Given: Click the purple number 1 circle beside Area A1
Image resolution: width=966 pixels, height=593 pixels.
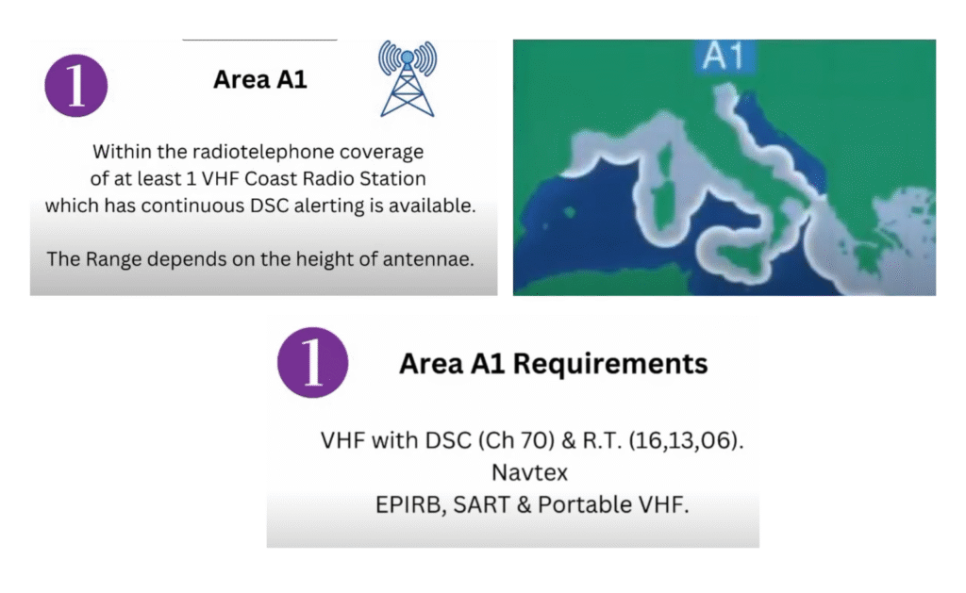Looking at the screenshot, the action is pyautogui.click(x=76, y=86).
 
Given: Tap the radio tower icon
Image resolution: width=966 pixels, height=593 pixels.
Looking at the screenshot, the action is pyautogui.click(x=408, y=79).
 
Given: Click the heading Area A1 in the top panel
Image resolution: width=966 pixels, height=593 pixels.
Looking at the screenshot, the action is pyautogui.click(x=260, y=79).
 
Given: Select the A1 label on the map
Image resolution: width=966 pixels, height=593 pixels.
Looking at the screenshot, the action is pyautogui.click(x=724, y=56).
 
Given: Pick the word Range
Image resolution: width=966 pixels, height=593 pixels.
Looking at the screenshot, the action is pyautogui.click(x=111, y=260).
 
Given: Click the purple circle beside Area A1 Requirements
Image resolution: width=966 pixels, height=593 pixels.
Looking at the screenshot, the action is pyautogui.click(x=312, y=362).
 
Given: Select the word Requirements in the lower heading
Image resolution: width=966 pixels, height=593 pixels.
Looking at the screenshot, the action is pyautogui.click(x=610, y=363).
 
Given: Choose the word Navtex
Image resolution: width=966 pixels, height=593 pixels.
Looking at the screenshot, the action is pyautogui.click(x=530, y=473).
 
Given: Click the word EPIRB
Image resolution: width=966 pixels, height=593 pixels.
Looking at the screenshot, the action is pyautogui.click(x=411, y=505).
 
